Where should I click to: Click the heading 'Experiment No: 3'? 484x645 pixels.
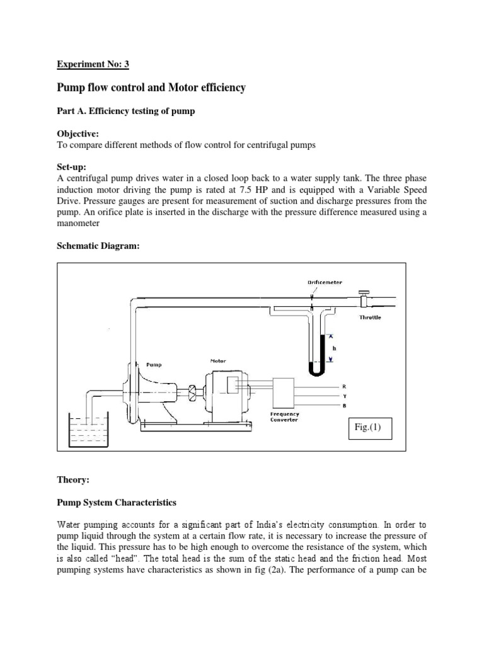tap(93, 64)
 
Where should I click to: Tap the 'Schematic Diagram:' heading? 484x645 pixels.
tap(98, 246)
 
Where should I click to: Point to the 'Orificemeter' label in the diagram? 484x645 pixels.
tap(325, 283)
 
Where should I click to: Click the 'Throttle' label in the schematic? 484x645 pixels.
tap(370, 317)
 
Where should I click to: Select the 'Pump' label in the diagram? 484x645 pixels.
tap(154, 364)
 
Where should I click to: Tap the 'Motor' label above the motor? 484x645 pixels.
tap(218, 361)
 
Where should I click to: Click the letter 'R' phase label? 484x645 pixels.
tap(343, 385)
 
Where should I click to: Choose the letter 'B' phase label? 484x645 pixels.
tap(343, 406)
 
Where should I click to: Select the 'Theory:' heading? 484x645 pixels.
tap(74, 479)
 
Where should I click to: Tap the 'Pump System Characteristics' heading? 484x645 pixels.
tap(117, 503)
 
